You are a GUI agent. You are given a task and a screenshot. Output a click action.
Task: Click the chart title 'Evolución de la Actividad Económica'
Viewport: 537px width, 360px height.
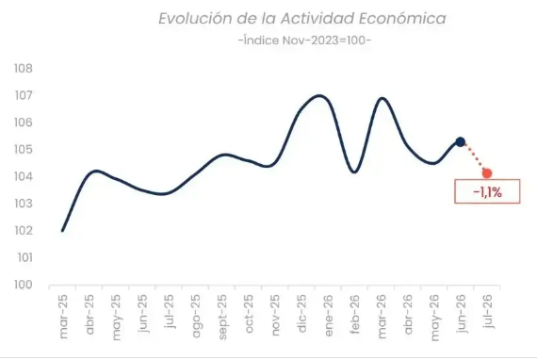coord(302,19)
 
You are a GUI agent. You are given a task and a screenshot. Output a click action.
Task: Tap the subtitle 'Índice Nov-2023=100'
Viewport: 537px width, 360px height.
coord(304,41)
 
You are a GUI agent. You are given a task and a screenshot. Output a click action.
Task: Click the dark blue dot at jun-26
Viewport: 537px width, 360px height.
coord(461,141)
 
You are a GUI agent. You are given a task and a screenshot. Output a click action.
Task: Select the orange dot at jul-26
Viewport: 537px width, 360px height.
coord(487,173)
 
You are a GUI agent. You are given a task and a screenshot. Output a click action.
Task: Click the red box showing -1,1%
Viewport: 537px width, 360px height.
coord(487,191)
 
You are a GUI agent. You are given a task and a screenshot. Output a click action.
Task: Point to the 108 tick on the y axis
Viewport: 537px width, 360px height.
coord(24,69)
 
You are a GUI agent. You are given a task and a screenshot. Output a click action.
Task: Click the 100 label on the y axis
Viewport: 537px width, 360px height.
coord(24,285)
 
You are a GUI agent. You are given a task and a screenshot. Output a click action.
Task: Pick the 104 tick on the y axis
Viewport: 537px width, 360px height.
coord(24,177)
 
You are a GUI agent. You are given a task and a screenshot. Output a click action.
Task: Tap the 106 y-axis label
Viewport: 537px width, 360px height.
coord(24,123)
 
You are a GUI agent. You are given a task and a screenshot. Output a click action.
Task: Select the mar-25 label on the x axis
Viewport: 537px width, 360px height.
coord(63,317)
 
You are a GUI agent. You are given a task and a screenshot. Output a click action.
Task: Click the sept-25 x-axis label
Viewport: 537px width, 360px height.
coord(222,317)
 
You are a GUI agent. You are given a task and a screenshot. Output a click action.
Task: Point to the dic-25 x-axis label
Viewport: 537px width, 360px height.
coord(301,314)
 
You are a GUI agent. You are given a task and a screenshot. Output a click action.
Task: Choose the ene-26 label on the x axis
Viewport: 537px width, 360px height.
coord(328,316)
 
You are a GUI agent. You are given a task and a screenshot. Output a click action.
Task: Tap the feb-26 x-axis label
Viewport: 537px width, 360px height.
coord(355,314)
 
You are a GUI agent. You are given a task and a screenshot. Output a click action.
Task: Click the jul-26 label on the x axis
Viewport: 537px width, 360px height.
coord(488,311)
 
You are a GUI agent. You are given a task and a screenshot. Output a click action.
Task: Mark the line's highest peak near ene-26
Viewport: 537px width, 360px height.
coord(320,95)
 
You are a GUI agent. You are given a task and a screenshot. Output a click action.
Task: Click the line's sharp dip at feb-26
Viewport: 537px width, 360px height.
coord(354,172)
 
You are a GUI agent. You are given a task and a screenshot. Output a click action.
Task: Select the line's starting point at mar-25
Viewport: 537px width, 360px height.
coord(62,231)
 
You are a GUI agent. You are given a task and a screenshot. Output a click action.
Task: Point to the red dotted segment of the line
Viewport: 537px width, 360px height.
coord(474,158)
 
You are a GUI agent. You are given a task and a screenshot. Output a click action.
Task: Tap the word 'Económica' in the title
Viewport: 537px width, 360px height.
coord(402,19)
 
